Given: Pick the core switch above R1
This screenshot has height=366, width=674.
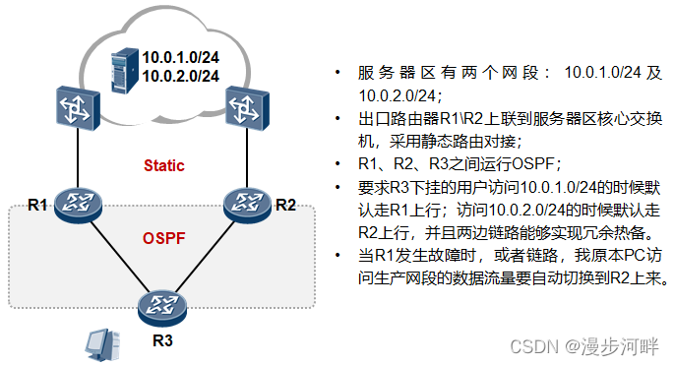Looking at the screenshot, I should pos(77,107).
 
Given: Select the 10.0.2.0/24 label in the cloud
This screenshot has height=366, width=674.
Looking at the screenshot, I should pos(181,75).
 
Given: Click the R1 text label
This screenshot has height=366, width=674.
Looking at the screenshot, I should pos(37,205).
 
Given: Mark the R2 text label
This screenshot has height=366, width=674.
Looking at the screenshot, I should pos(285,205).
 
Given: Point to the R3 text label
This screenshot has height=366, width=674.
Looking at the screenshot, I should pos(162,341).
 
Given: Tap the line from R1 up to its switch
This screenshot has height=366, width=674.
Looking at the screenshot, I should pos(77,155).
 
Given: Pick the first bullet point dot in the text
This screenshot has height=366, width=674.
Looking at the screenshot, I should pos(337,74).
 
